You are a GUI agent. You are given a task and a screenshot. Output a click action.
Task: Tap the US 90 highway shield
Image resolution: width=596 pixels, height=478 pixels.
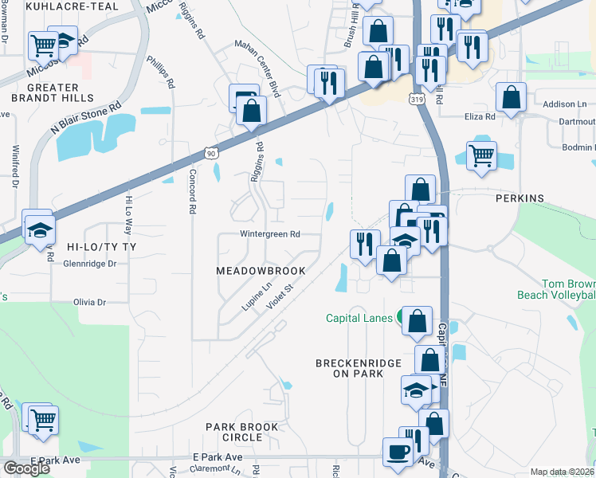(x=210, y=151)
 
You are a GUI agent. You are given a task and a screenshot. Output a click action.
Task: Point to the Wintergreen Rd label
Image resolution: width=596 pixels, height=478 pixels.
(x=270, y=234)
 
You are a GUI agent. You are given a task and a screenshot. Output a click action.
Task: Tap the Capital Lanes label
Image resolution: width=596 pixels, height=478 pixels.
(x=359, y=318)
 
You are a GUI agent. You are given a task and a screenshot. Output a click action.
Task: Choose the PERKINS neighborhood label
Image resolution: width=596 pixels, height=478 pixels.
(x=519, y=198)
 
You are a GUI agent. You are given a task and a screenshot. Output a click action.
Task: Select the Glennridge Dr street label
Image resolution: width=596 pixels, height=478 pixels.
(x=89, y=264)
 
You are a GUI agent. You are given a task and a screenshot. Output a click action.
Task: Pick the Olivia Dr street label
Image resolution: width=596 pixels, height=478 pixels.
(x=89, y=303)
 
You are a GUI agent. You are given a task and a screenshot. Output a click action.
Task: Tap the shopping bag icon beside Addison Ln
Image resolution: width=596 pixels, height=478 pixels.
(x=510, y=98)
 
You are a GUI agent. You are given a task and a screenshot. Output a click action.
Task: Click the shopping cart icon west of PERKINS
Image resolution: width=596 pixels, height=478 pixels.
(x=481, y=156)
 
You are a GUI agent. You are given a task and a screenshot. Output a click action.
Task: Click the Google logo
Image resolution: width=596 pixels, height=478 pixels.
(x=26, y=468)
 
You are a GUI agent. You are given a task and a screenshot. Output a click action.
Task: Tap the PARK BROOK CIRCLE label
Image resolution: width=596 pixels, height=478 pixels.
(x=242, y=432)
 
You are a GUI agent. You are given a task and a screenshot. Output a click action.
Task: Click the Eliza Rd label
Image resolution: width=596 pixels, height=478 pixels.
(x=480, y=116)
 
